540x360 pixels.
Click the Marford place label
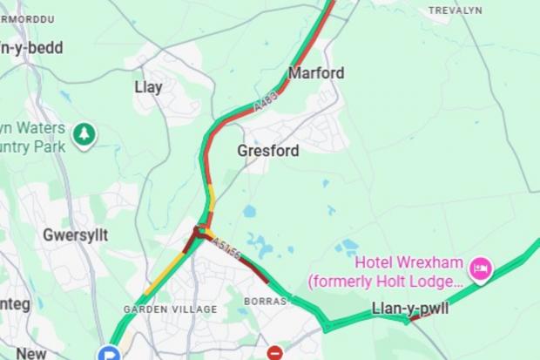(315, 73)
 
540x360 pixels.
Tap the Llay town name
(148, 87)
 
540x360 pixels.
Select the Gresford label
(268, 151)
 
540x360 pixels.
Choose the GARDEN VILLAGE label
(170, 309)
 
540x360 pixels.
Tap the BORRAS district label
(265, 301)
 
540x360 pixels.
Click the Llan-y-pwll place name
(410, 308)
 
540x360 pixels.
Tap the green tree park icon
(84, 135)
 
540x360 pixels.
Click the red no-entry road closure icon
(275, 353)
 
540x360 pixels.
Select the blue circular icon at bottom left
(109, 353)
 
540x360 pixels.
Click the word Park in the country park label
(48, 147)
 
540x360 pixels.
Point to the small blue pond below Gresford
(250, 211)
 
